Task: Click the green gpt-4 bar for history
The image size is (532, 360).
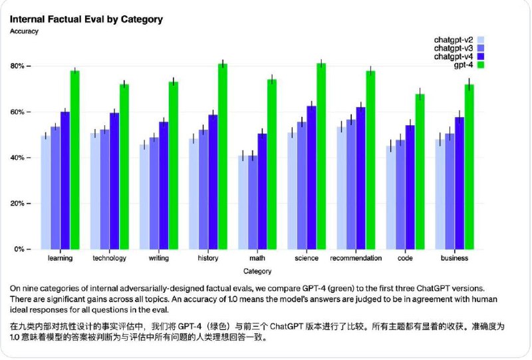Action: pos(222,156)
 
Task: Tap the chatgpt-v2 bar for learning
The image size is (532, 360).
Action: pos(45,192)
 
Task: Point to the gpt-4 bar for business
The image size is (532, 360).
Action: pos(469,166)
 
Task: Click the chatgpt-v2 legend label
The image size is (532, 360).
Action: pos(455,39)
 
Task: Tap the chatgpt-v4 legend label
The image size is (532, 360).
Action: pos(455,57)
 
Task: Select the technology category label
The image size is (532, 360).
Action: pos(110,258)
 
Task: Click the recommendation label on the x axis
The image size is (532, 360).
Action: pos(356,258)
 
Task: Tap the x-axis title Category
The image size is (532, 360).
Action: pos(257,271)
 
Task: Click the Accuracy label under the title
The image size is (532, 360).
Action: pos(24,31)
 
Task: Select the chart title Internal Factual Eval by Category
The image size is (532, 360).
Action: pos(86,19)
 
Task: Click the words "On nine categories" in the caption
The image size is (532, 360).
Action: pos(40,288)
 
